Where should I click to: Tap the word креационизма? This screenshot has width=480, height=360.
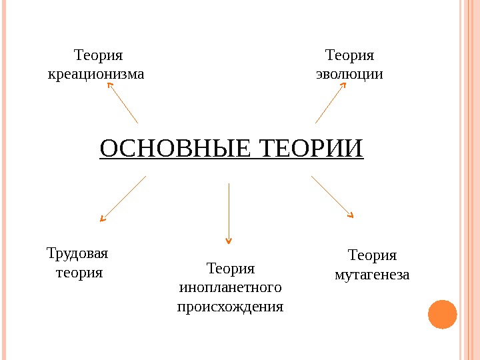96,73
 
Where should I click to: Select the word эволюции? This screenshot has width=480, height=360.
349,73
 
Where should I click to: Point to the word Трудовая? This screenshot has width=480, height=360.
78,254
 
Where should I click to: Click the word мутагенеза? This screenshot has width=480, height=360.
372,274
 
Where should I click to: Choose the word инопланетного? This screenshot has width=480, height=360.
231,288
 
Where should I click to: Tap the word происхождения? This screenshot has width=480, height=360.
231,307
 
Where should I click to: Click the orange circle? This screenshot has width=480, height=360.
442,314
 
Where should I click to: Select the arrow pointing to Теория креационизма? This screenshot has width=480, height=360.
122,103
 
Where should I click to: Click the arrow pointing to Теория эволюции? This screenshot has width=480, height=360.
331,103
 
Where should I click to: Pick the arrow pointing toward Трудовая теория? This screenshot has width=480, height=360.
123,198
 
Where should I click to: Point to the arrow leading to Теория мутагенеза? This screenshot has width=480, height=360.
332,197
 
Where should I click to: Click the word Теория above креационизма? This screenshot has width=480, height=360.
99,54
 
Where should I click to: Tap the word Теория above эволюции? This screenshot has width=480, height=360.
349,54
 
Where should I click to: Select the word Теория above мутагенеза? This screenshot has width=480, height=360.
373,255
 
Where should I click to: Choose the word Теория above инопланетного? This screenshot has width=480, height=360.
231,269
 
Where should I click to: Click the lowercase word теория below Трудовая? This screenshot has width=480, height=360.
79,273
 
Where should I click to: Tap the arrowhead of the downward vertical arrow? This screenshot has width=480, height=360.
229,240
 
